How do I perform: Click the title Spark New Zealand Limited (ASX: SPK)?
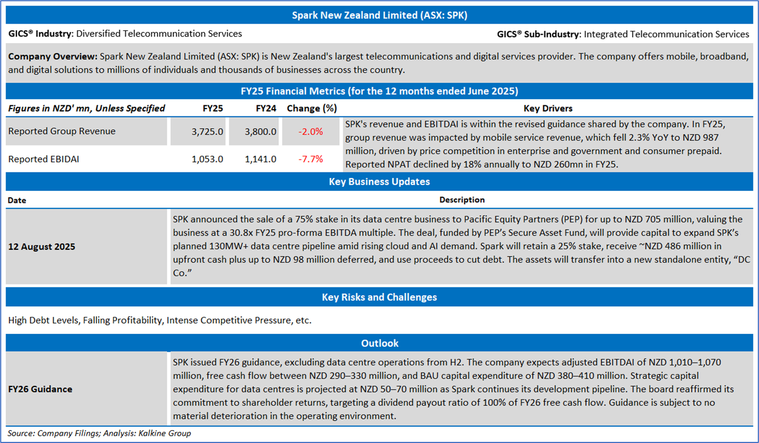point(379,15)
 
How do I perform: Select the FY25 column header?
point(212,108)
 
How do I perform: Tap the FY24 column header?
point(266,108)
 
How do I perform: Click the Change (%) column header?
point(311,108)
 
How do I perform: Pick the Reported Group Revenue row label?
point(62,131)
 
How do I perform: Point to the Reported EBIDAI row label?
point(44,159)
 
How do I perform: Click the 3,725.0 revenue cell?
point(208,132)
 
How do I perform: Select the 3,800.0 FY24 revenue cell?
point(261,132)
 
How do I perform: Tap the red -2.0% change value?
point(311,132)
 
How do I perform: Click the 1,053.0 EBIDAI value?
point(208,159)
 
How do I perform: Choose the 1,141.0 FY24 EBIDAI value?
point(261,159)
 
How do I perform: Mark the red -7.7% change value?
point(311,159)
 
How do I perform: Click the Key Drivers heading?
point(548,108)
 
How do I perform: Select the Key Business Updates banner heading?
point(379,181)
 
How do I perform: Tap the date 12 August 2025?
point(42,246)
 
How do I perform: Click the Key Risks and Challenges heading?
point(379,297)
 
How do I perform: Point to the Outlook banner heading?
point(379,343)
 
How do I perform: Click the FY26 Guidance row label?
point(40,389)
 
